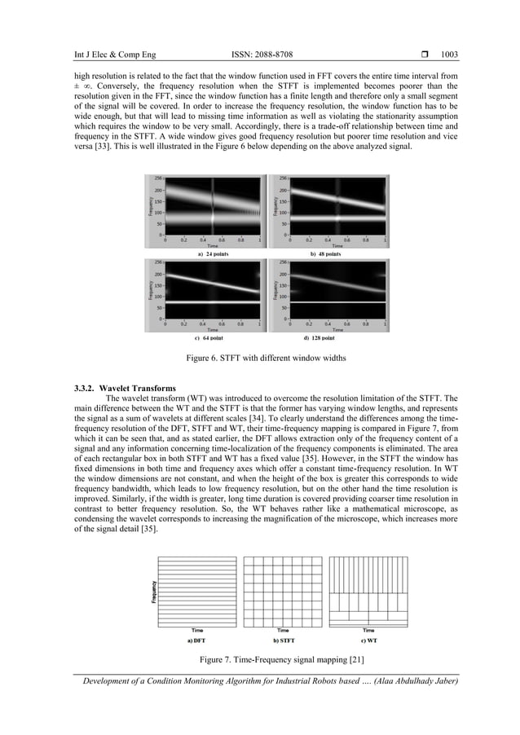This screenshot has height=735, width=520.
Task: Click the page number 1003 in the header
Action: click(x=449, y=55)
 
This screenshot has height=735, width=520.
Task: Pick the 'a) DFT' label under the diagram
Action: click(x=195, y=640)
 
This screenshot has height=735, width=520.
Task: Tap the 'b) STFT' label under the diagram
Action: click(x=283, y=640)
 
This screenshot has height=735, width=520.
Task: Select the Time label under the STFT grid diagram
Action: click(x=283, y=631)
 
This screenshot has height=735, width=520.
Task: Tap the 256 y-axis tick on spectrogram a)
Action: click(x=158, y=178)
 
